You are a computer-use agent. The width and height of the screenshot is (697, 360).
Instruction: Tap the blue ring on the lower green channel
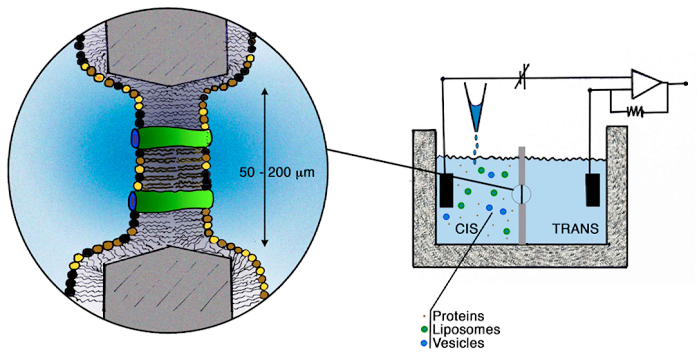pos(132,201)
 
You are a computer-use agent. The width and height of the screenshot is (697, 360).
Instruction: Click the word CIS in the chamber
pos(466,229)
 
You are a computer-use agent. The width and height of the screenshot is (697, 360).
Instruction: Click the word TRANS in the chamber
pos(575,229)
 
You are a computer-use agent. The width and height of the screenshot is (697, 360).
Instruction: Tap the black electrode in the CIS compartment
pos(446,190)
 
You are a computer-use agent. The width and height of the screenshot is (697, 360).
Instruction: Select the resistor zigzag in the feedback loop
pos(635,111)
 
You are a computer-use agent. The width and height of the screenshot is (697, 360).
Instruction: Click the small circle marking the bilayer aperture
pos(521,194)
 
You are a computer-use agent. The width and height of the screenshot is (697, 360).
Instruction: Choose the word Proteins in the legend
pos(458,316)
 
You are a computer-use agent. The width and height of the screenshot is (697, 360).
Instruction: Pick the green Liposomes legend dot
pos(424,329)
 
